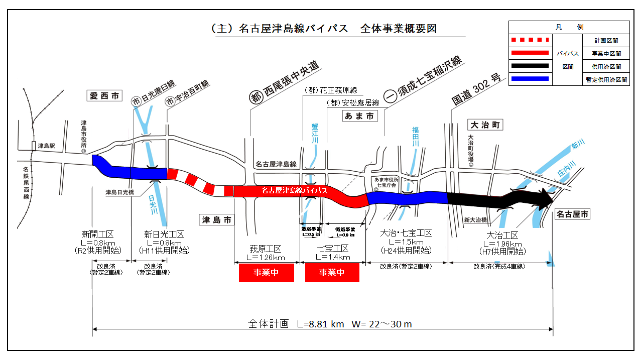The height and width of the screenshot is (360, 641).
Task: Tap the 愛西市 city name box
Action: [104, 95]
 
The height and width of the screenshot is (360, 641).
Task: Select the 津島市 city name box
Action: [216, 219]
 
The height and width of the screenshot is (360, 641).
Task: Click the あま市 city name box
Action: [359, 116]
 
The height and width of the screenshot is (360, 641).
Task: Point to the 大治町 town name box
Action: [484, 125]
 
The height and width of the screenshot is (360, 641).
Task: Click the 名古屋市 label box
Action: [572, 214]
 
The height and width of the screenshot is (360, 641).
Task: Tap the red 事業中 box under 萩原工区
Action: [266, 273]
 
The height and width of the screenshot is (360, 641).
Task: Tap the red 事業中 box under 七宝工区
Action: [332, 273]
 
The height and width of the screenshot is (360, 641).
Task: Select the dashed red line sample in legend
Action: [530, 40]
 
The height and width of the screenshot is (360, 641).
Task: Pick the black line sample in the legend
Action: [530, 66]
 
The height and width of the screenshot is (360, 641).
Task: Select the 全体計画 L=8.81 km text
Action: [296, 324]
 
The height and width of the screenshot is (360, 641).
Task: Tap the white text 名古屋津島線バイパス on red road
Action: [294, 191]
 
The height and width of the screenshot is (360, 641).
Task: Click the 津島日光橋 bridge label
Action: [119, 192]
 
